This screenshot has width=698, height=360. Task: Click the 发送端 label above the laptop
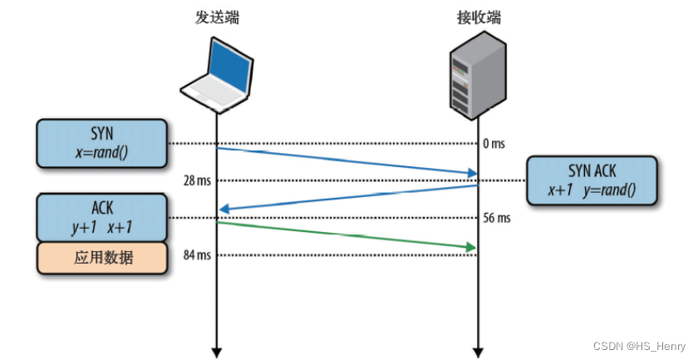(217, 17)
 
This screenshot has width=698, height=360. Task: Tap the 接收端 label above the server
(479, 17)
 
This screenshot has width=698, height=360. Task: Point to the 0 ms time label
(494, 144)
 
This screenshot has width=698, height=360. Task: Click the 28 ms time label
(197, 181)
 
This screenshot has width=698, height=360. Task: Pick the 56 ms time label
(497, 218)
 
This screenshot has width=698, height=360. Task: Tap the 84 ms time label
(197, 255)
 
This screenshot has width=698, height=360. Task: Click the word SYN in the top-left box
(102, 134)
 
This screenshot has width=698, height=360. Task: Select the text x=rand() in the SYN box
(102, 152)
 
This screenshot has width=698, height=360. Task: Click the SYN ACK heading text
(592, 171)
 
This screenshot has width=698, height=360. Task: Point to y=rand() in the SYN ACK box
(610, 190)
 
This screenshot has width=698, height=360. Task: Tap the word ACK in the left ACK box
(102, 208)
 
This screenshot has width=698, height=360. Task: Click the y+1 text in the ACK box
(84, 228)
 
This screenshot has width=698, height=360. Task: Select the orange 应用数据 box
(102, 258)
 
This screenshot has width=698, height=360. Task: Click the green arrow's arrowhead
(471, 247)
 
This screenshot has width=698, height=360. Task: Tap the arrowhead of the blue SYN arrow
(472, 173)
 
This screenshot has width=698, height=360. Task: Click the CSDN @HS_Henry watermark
(639, 346)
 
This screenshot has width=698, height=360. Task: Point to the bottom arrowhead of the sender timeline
(216, 353)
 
